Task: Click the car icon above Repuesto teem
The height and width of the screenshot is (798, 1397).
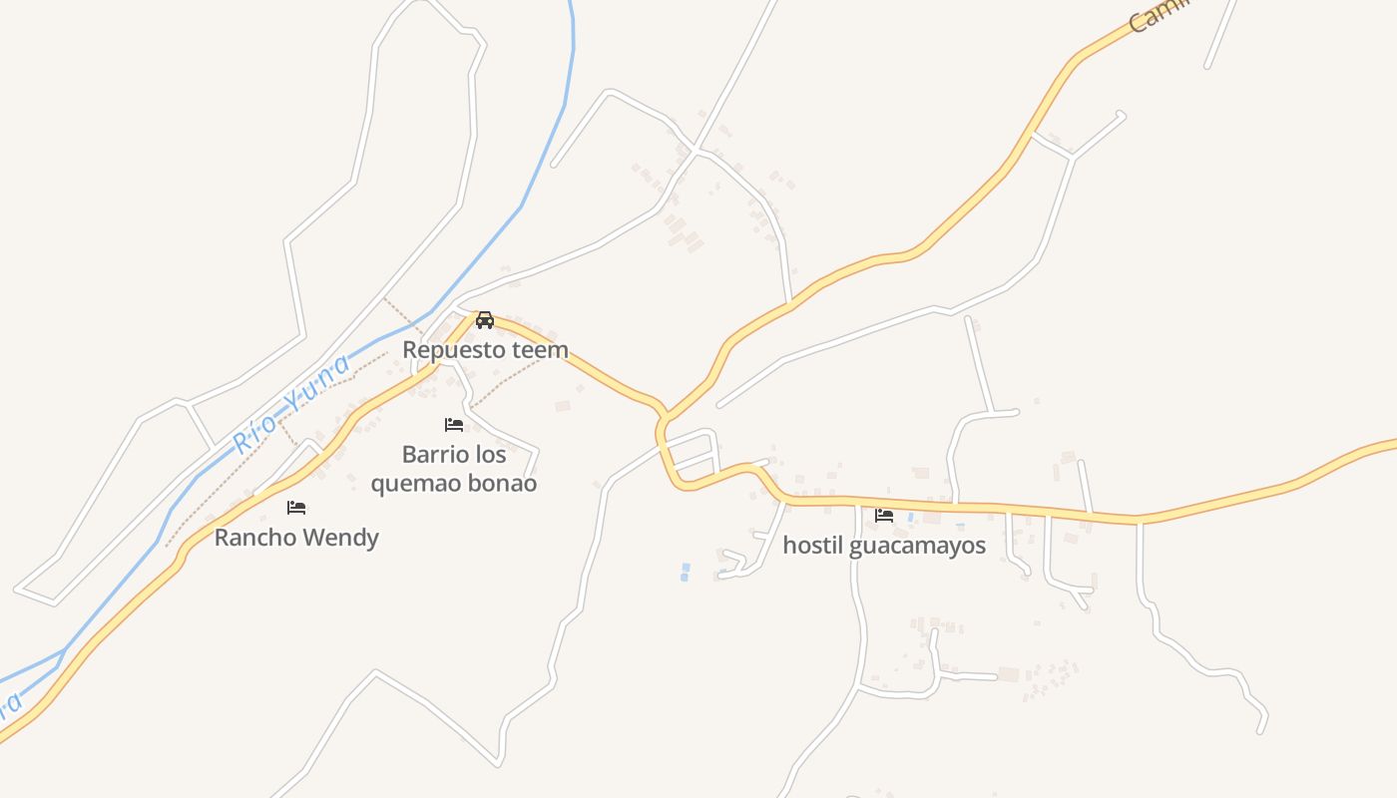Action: click(485, 320)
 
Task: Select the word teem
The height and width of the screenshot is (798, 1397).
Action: click(541, 350)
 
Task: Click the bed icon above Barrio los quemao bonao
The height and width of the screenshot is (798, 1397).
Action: click(454, 425)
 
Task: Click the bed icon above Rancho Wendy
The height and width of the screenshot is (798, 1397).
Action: click(296, 508)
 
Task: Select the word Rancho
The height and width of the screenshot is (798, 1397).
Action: click(253, 538)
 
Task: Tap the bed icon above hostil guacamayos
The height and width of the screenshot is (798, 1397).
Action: click(884, 516)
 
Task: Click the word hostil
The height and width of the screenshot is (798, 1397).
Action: click(813, 546)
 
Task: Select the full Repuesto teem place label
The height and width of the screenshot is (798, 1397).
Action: click(485, 350)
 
